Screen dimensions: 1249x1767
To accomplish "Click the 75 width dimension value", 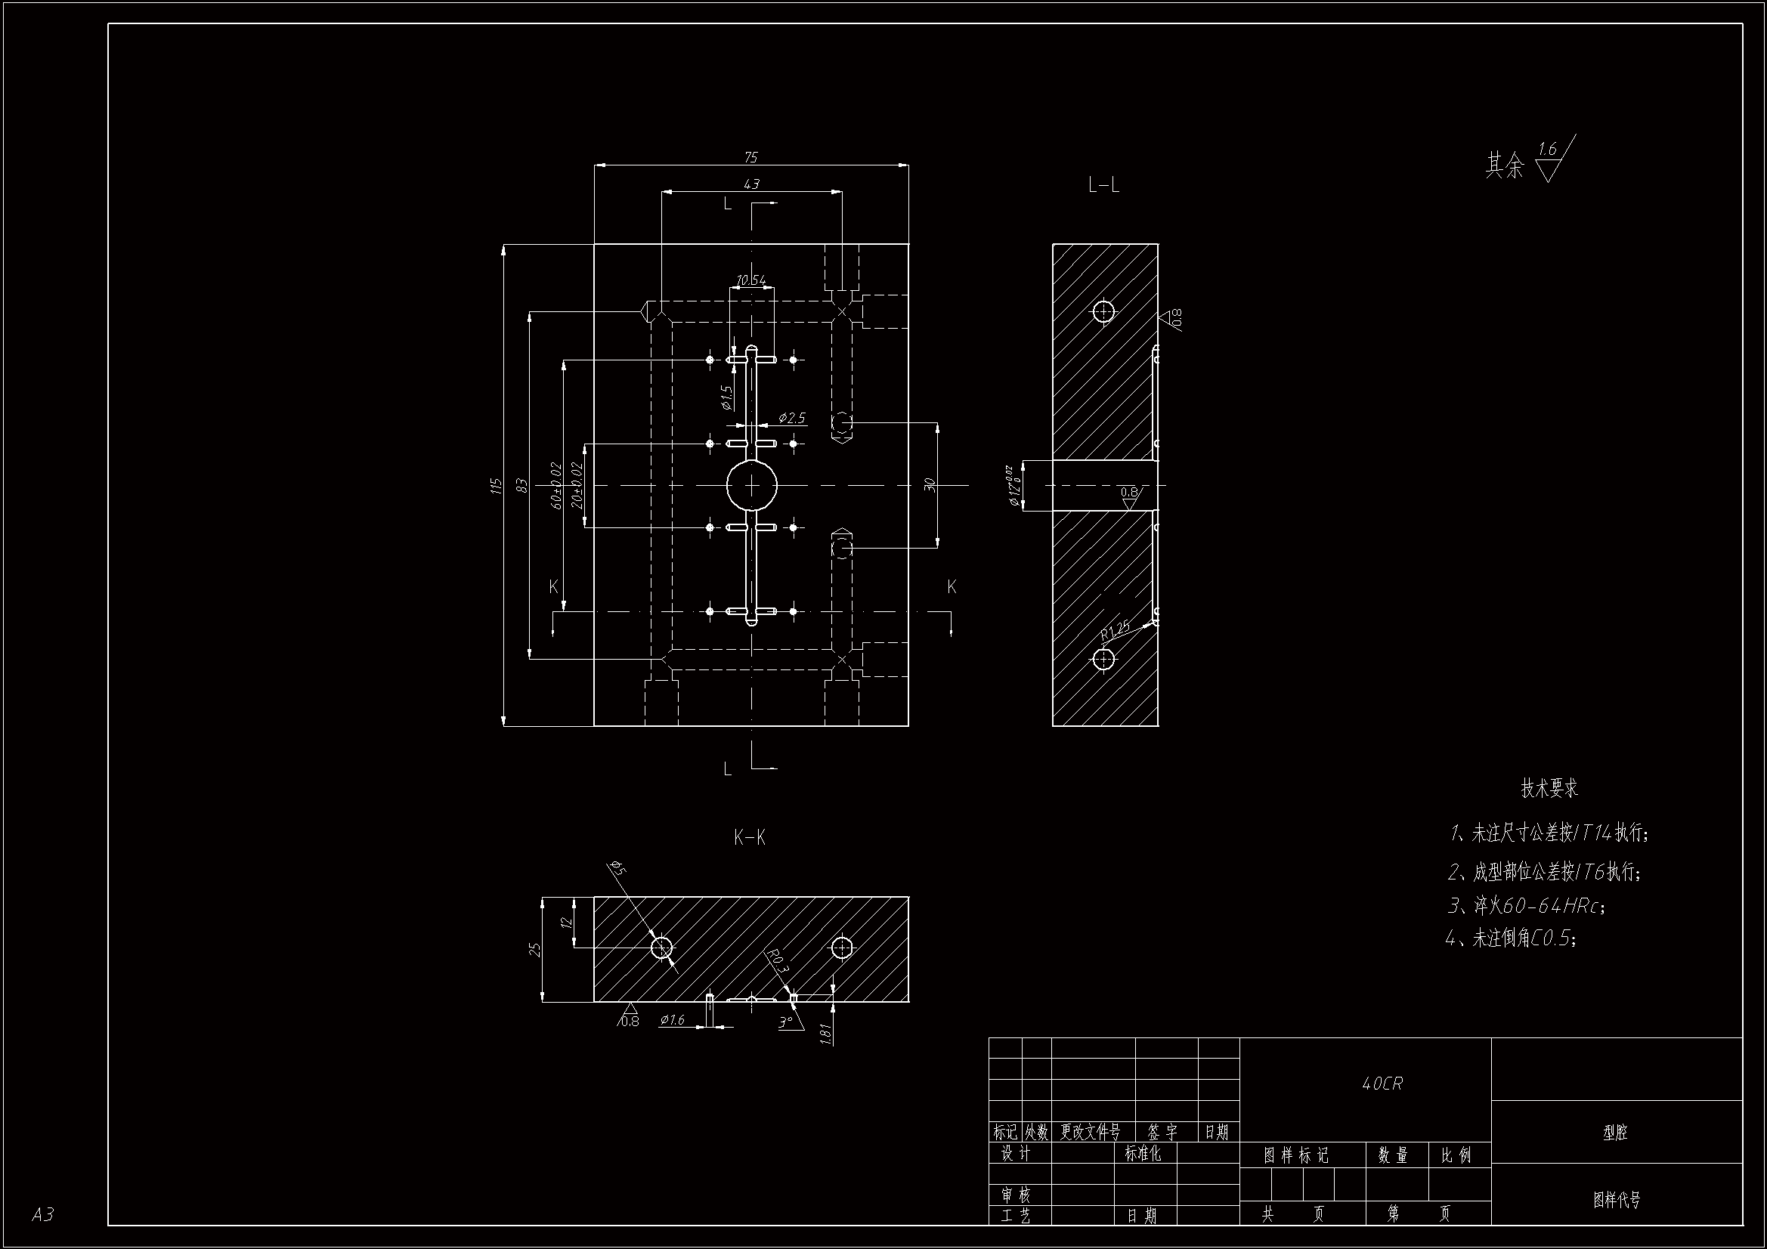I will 751,157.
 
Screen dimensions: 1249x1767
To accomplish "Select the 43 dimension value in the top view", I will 751,184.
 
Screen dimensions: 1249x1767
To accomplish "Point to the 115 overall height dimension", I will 497,486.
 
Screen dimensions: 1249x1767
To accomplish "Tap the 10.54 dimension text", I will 751,280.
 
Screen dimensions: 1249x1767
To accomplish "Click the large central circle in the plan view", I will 752,486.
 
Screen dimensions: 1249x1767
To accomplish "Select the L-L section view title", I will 1103,185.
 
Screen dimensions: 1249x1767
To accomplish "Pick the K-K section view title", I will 750,838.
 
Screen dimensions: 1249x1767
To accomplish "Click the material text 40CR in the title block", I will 1382,1084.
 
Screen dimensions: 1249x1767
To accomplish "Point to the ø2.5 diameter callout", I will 791,418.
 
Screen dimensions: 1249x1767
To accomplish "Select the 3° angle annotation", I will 785,1023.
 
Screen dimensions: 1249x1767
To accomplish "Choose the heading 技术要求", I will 1549,788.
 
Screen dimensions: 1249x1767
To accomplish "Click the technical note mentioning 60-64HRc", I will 1527,906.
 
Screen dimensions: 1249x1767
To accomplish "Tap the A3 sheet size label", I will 43,1214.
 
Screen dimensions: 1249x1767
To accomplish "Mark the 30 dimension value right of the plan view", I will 930,486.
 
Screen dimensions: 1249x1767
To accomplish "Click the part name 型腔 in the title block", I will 1615,1132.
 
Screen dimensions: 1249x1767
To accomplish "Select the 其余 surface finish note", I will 1505,165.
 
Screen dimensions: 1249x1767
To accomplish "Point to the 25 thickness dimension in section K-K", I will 536,949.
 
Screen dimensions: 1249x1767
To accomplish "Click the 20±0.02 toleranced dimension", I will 577,486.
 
